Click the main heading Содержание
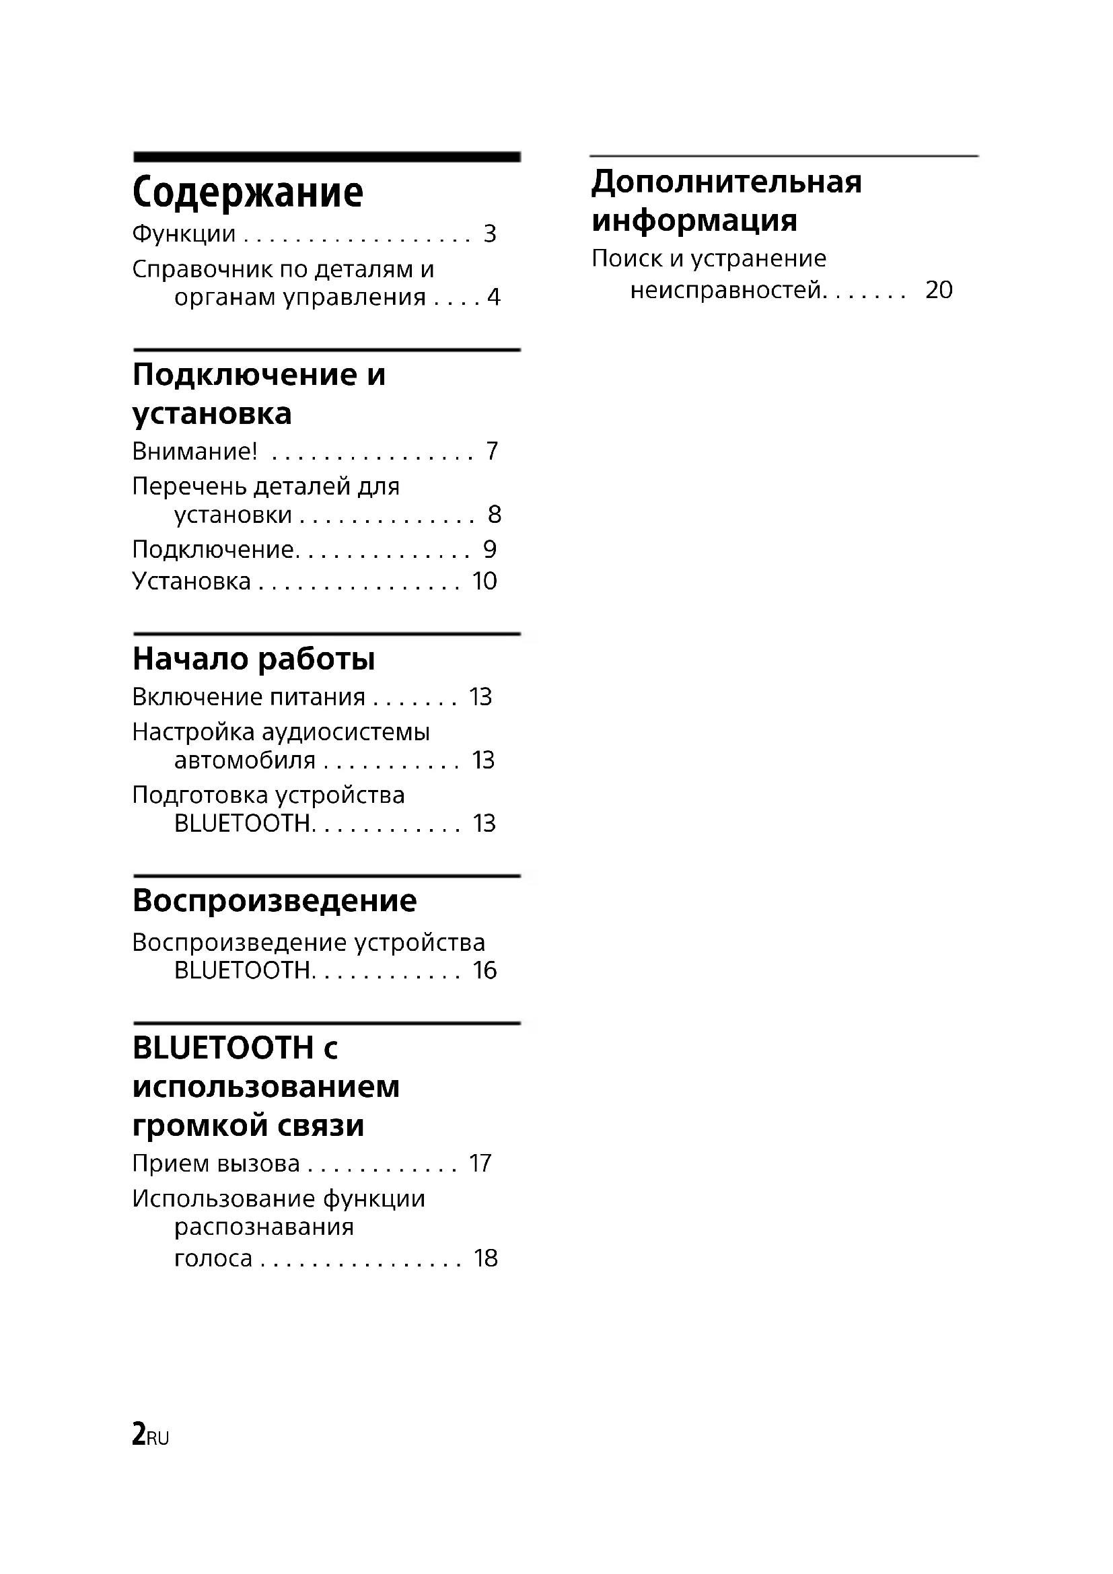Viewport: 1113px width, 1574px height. click(248, 192)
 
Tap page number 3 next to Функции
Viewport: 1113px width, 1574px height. click(489, 234)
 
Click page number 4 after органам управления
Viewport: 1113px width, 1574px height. click(493, 297)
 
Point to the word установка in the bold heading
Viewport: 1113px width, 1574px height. click(212, 413)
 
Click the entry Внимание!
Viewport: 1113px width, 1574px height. click(194, 451)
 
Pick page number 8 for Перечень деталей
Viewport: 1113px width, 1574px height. click(494, 514)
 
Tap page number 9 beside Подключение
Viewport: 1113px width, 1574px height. click(489, 549)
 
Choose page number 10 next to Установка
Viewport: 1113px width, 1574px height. click(484, 581)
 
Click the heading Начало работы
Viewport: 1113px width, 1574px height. click(254, 659)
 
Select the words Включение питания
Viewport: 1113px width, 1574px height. click(248, 697)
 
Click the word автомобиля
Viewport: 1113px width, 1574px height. click(245, 760)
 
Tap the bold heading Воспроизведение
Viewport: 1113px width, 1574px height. click(274, 900)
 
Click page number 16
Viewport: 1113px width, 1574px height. click(484, 971)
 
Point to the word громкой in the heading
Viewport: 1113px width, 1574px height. click(198, 1126)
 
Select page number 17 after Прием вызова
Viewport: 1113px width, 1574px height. click(480, 1164)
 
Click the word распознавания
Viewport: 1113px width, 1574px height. click(264, 1227)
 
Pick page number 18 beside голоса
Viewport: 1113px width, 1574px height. click(485, 1258)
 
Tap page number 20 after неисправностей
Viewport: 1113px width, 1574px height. click(939, 290)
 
